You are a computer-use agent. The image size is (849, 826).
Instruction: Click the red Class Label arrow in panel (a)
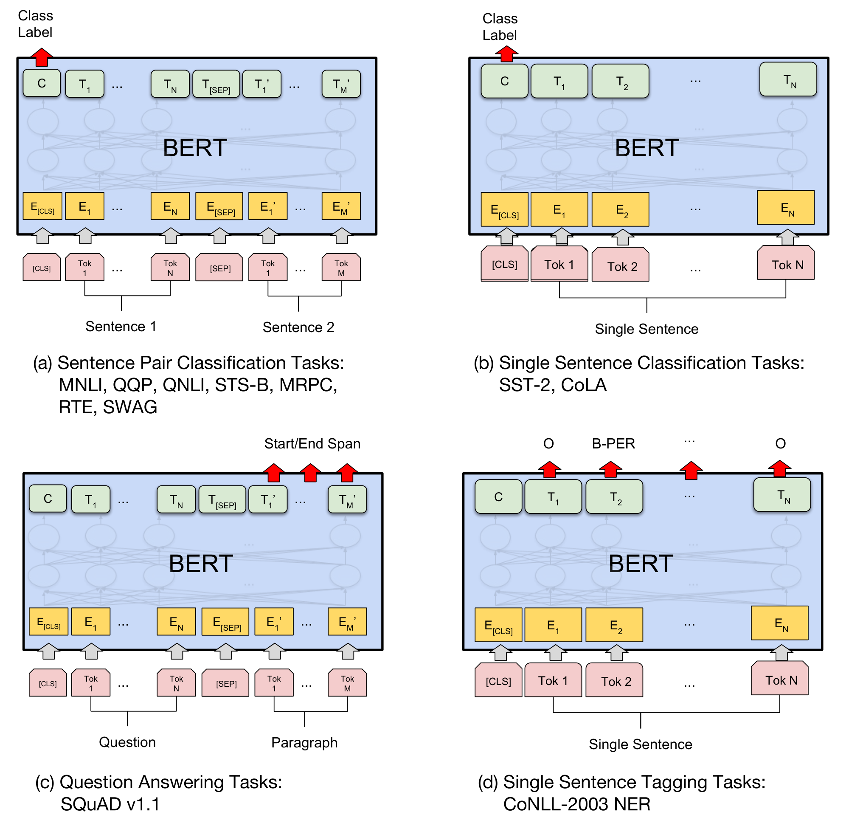point(41,58)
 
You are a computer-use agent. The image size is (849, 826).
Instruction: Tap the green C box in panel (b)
point(504,81)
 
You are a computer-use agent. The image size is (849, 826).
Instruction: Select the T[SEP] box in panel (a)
point(216,84)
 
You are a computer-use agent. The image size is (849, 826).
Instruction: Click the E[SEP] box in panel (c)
point(225,622)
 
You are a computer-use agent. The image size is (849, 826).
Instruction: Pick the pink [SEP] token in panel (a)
point(219,268)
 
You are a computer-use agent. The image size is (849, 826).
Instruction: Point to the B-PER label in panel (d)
point(613,443)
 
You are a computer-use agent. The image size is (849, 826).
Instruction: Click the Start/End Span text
point(312,443)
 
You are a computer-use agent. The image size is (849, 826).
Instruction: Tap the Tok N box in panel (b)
point(785,263)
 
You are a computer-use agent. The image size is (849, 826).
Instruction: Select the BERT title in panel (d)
point(640,564)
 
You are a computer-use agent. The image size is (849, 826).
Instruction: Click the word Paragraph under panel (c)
point(304,742)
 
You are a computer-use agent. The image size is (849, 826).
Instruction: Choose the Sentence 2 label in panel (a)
point(298,327)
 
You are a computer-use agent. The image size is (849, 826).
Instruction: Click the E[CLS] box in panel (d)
point(498,625)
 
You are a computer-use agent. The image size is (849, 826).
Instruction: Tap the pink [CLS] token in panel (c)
point(48,683)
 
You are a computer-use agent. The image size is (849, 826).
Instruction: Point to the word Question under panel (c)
point(127,742)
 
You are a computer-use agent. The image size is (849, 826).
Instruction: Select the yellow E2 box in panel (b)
point(620,209)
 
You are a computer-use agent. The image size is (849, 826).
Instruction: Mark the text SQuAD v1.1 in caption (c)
point(110,804)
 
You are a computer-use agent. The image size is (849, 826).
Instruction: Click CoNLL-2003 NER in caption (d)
point(577,804)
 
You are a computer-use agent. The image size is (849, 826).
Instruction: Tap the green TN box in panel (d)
point(782,495)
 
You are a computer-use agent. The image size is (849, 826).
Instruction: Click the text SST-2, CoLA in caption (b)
point(552,385)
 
